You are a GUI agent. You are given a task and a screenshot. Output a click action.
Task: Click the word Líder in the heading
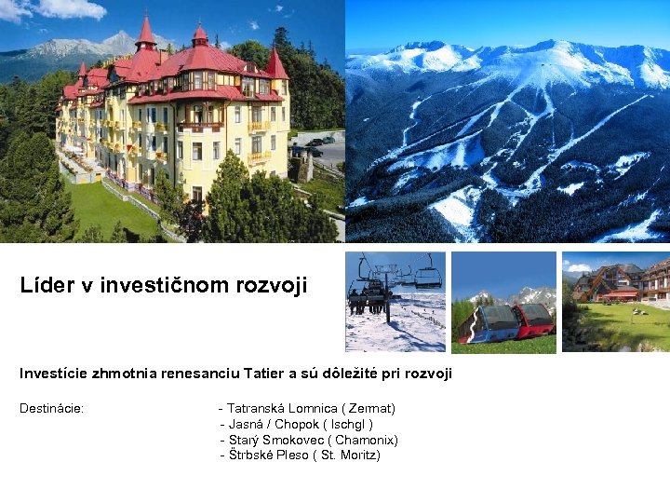[x=44, y=286]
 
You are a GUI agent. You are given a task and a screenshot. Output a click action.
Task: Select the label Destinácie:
[x=52, y=409]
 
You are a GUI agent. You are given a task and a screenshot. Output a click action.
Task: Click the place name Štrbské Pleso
[x=268, y=455]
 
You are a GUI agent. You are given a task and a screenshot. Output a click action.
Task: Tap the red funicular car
[x=536, y=319]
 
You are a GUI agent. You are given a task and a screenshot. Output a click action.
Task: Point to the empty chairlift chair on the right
[x=428, y=277]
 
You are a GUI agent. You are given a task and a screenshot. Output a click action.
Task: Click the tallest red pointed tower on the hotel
[x=145, y=34]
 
